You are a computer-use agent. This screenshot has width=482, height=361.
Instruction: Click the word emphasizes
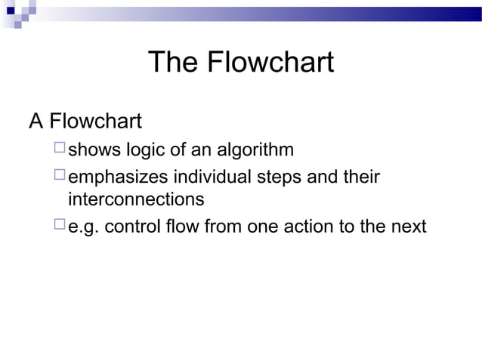(118, 177)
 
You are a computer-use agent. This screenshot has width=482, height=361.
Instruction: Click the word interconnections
(136, 200)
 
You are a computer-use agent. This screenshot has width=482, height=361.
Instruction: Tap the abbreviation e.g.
(84, 227)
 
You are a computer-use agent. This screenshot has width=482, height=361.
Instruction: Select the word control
(131, 226)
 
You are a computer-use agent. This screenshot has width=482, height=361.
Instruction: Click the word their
(359, 177)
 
